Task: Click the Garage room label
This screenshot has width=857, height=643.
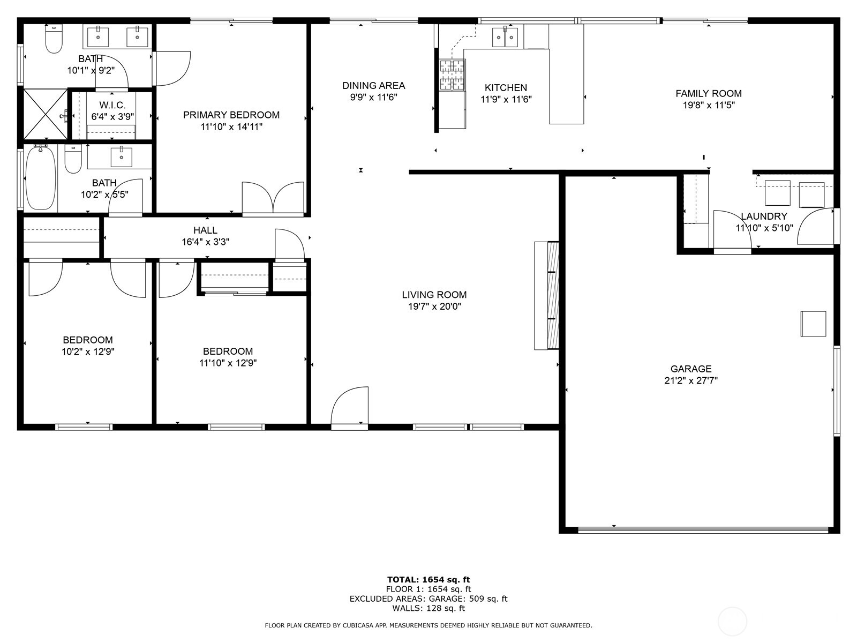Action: (691, 369)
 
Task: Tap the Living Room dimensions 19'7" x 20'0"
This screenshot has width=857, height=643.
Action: (434, 306)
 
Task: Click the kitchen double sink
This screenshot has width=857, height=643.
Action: (505, 37)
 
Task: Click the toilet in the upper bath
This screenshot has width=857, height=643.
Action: (54, 39)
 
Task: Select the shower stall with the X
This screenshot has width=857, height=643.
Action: (45, 114)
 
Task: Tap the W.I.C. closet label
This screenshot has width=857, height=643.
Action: (112, 106)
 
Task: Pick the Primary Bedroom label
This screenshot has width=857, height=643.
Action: (231, 115)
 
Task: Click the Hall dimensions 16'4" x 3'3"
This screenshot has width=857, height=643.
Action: (206, 242)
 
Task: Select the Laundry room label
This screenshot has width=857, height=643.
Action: (764, 216)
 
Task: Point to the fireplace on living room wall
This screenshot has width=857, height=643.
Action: (546, 296)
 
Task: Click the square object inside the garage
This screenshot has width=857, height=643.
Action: (813, 324)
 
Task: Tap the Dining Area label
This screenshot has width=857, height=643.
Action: (373, 85)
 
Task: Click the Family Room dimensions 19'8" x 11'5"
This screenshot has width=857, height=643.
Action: (708, 105)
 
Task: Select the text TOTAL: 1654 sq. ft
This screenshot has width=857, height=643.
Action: (428, 579)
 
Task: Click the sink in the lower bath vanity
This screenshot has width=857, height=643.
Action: (122, 156)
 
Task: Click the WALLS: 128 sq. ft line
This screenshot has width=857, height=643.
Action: (428, 608)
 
